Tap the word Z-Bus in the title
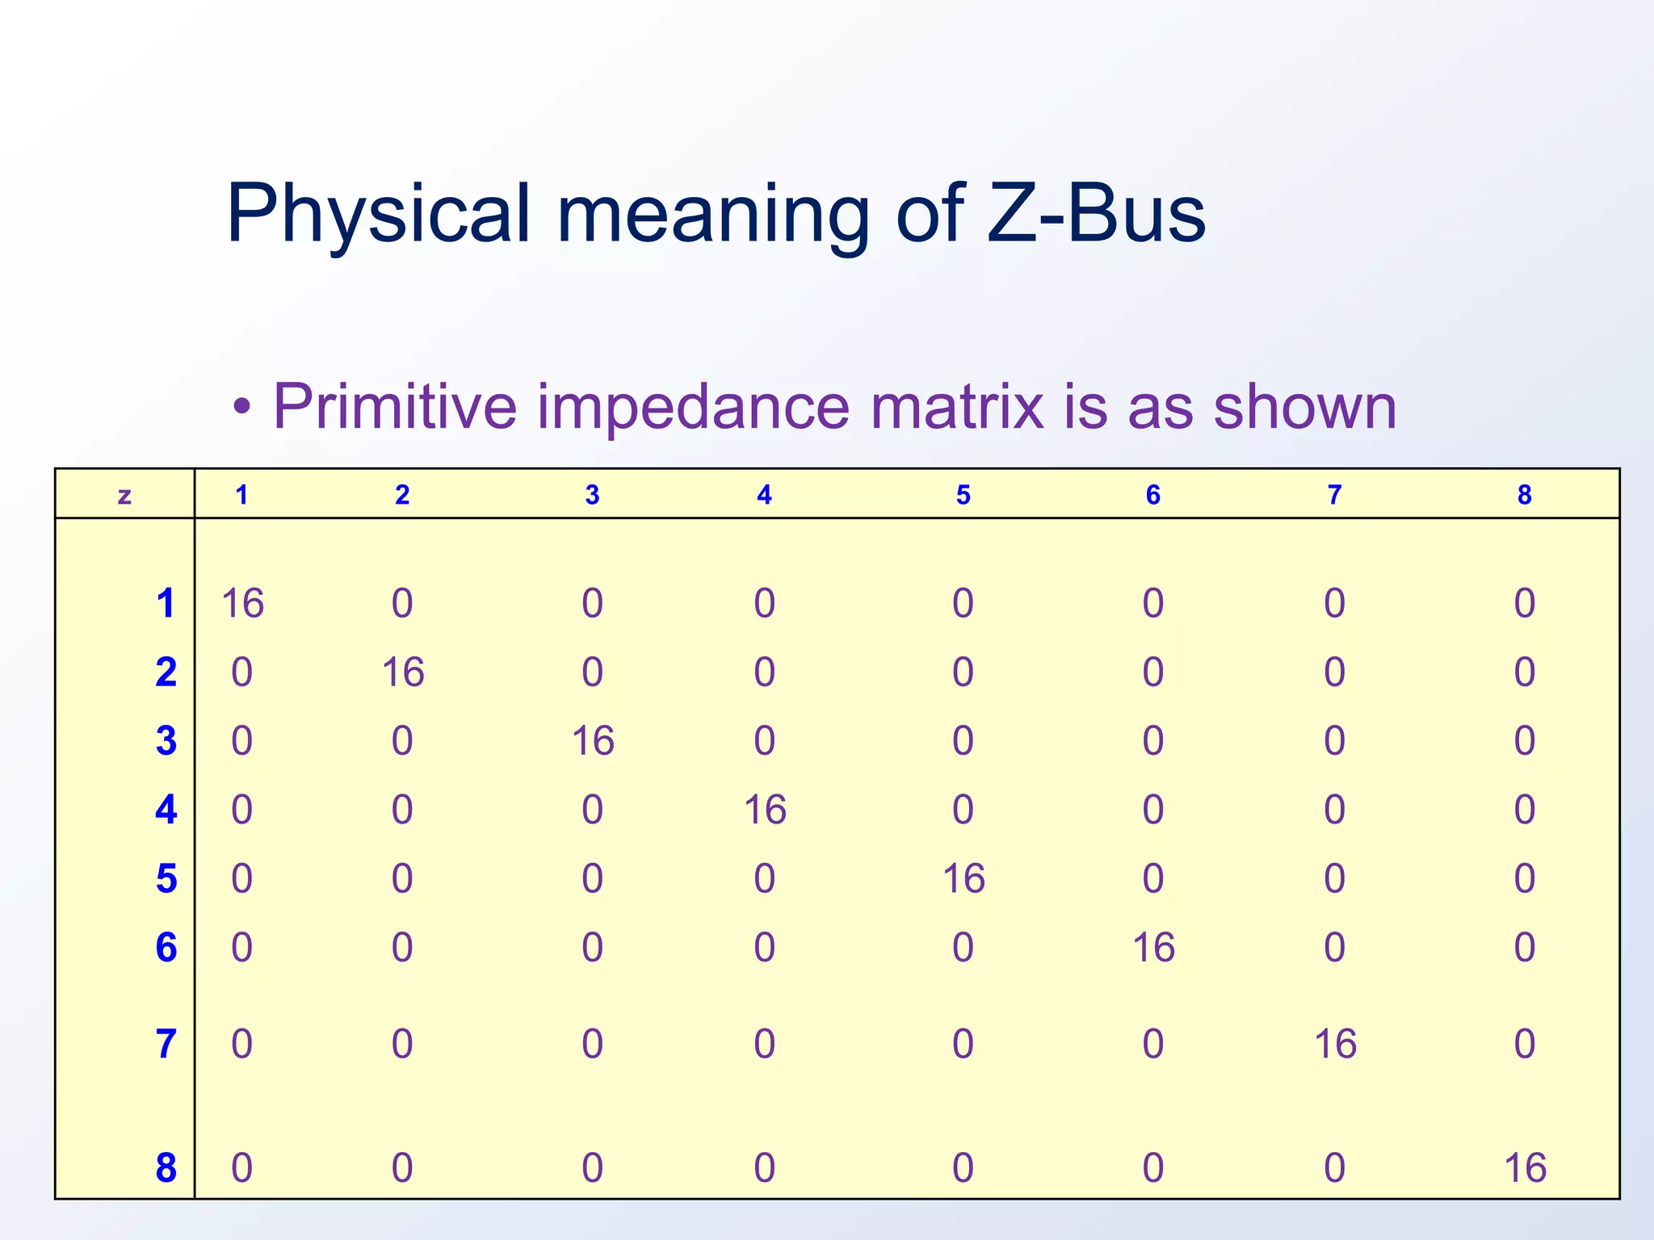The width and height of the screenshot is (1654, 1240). click(x=1096, y=213)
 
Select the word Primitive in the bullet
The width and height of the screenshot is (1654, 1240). click(x=395, y=406)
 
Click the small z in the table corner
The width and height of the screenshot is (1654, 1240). click(x=124, y=495)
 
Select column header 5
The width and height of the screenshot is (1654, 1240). click(x=963, y=495)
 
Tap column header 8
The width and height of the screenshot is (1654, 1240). click(x=1524, y=495)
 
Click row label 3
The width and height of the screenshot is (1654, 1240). click(x=166, y=741)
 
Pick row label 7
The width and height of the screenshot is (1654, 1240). click(x=166, y=1044)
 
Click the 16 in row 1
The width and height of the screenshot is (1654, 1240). click(x=242, y=604)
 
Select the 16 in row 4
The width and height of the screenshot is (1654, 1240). click(x=765, y=810)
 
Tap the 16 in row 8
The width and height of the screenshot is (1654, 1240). click(x=1525, y=1168)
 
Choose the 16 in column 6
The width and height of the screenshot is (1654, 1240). click(x=1153, y=948)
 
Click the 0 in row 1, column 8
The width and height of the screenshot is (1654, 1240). click(x=1524, y=604)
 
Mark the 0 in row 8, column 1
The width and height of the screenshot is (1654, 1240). click(x=242, y=1168)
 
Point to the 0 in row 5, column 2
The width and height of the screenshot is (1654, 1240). click(x=402, y=878)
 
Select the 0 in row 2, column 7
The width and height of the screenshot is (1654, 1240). click(x=1334, y=672)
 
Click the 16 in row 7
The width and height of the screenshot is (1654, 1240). click(x=1335, y=1044)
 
